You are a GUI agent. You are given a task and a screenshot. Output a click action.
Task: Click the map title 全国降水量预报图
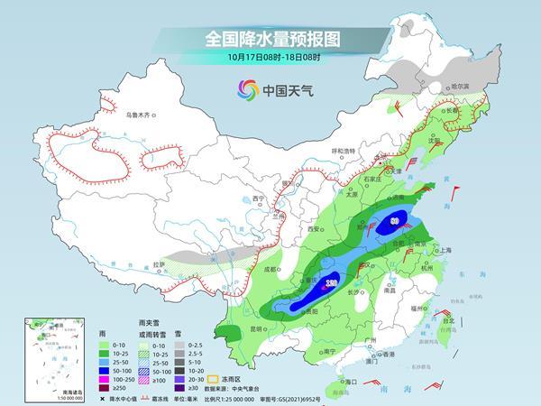270,40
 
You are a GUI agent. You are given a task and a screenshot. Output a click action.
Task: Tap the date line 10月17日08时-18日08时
270,59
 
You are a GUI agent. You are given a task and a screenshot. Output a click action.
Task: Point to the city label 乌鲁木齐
141,115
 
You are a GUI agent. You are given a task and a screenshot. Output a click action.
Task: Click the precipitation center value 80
395,219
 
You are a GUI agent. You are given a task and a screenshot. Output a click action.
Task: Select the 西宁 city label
259,199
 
